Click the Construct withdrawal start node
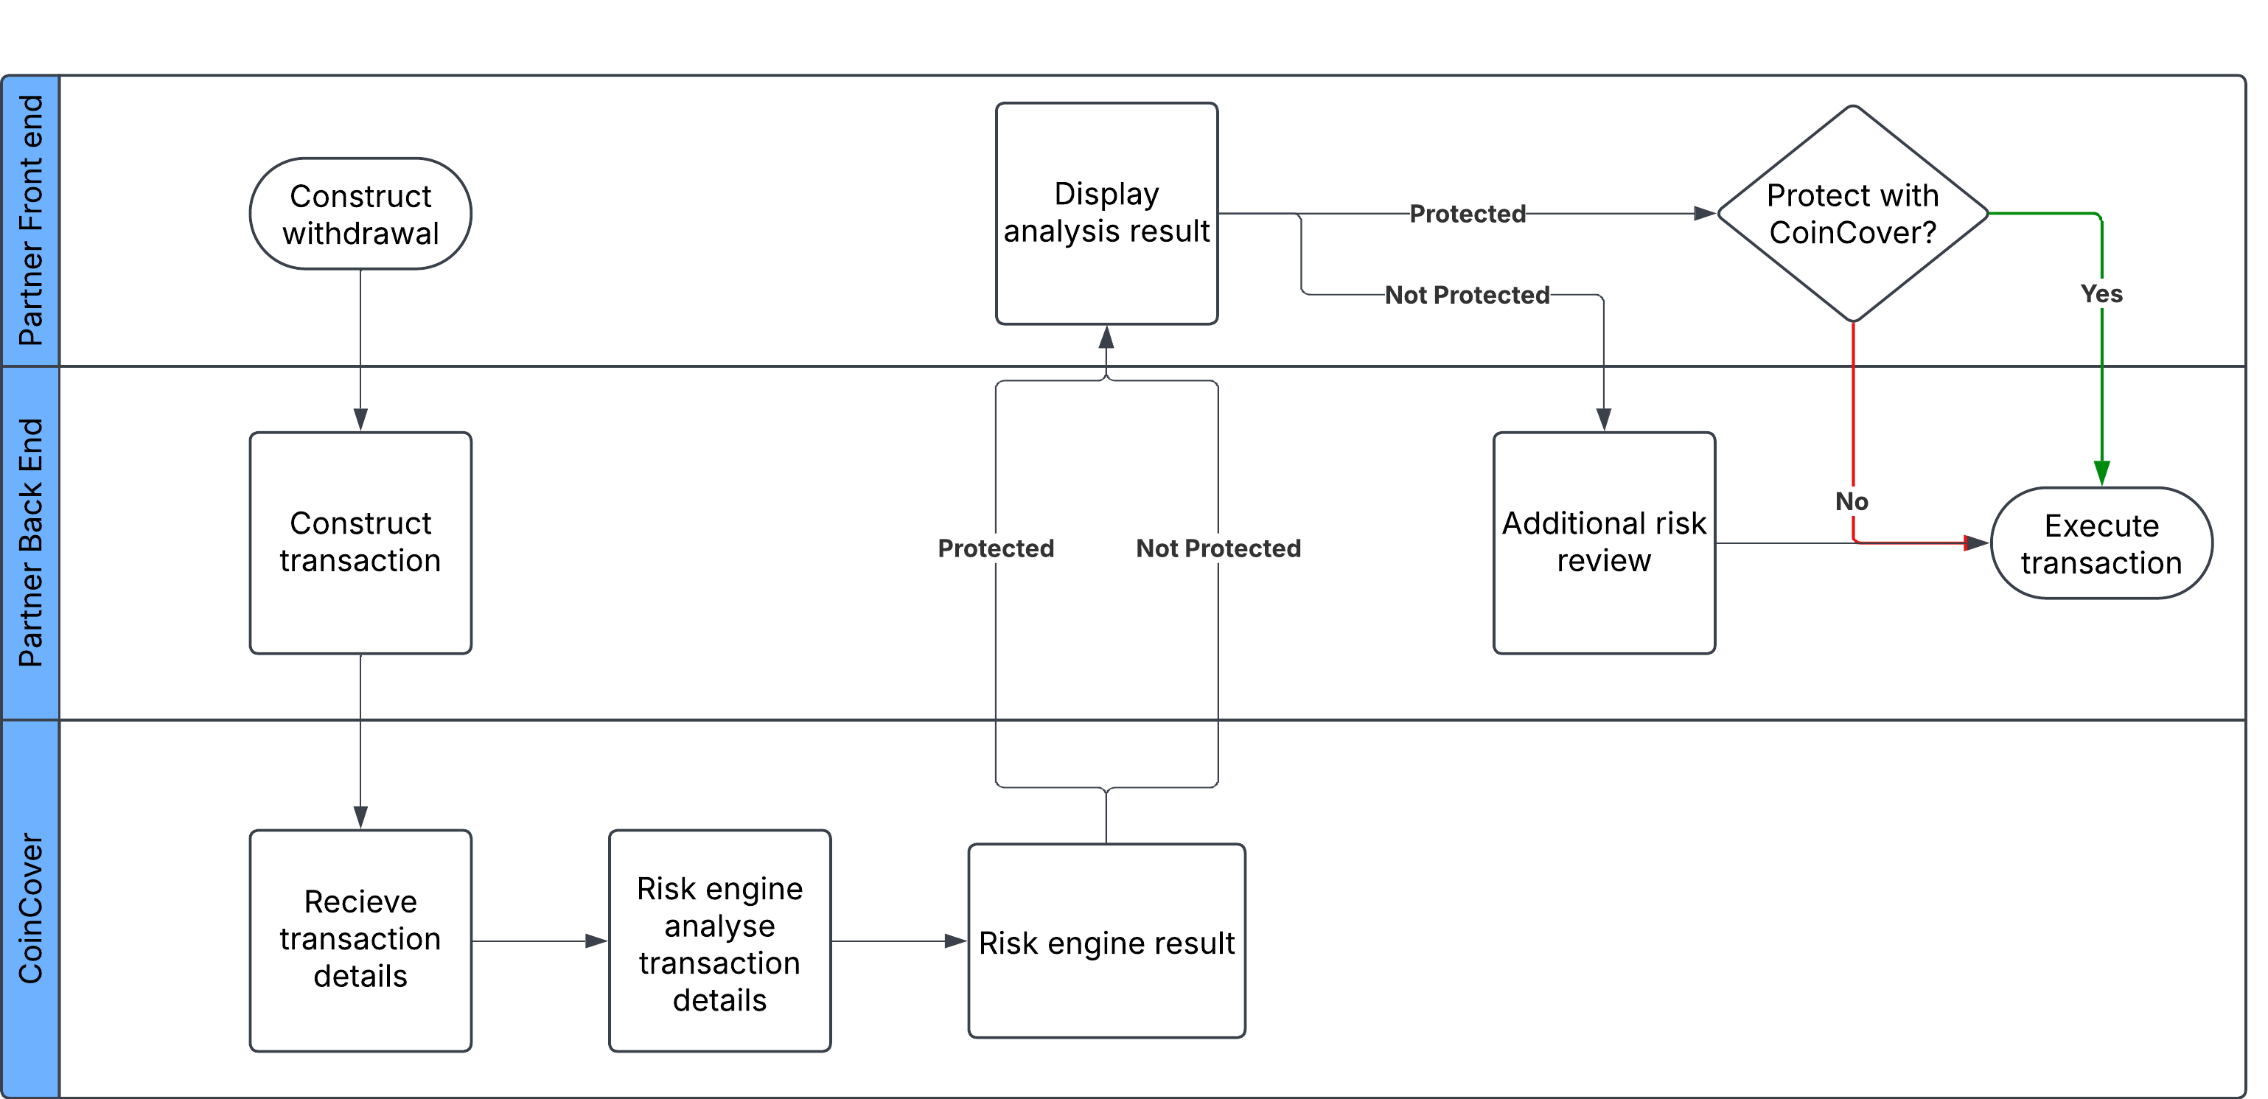click(360, 214)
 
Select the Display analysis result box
click(1106, 214)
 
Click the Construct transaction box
click(360, 542)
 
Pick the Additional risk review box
click(1603, 542)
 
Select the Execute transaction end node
click(2101, 543)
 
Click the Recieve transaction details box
click(360, 940)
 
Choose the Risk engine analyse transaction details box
click(719, 940)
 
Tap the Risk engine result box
click(1106, 941)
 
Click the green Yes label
click(2101, 294)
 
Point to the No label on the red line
click(1851, 501)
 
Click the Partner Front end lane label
click(31, 220)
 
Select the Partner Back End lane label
click(31, 542)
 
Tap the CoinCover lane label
click(31, 907)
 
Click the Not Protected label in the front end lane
click(1466, 295)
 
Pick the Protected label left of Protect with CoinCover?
click(1467, 214)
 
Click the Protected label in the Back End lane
click(995, 548)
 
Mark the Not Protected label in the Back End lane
click(1218, 548)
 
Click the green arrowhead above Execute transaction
click(2101, 473)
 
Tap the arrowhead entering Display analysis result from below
click(1106, 338)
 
